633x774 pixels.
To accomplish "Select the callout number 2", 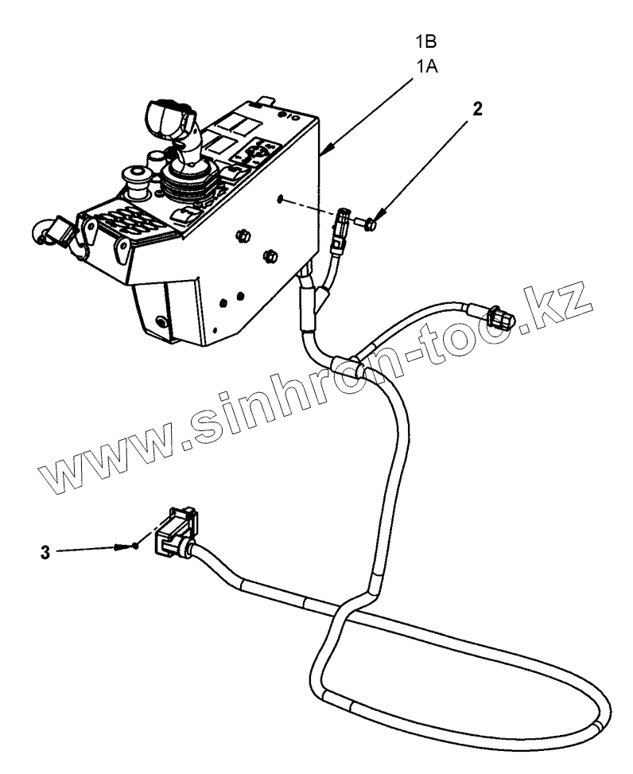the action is pos(477,110).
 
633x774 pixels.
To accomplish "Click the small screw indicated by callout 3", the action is pos(138,546).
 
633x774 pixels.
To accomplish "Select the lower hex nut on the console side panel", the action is pos(270,256).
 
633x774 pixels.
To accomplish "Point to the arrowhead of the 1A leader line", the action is pos(327,152).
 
